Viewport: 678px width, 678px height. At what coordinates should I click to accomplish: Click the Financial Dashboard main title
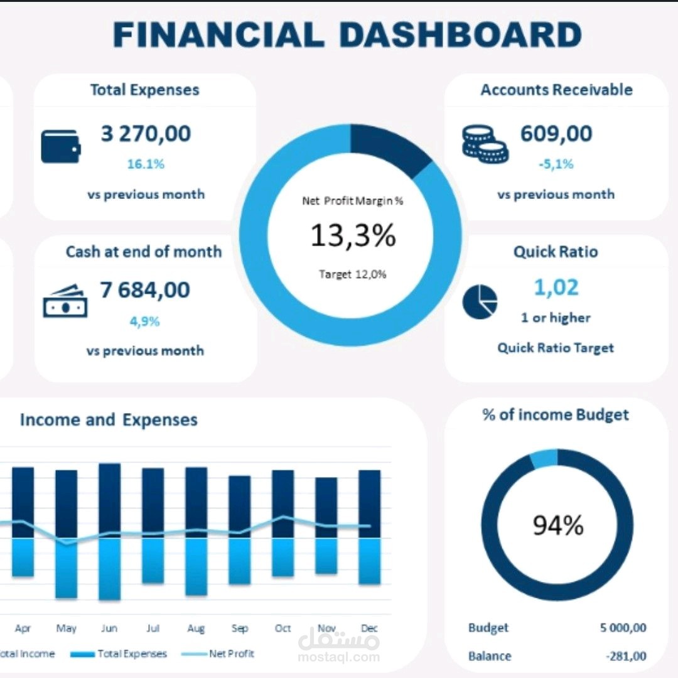click(347, 35)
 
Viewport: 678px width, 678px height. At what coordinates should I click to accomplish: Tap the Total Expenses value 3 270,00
click(146, 134)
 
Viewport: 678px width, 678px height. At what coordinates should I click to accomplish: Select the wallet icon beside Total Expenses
click(60, 146)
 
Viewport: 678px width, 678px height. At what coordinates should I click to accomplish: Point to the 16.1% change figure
click(146, 164)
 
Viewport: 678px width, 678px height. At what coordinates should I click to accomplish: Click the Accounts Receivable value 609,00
click(556, 134)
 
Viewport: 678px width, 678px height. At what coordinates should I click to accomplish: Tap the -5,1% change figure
click(556, 164)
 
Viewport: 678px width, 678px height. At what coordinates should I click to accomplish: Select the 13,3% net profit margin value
click(353, 235)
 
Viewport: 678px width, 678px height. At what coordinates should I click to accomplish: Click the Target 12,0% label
click(352, 274)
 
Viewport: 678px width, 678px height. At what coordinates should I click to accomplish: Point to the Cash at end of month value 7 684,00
click(145, 290)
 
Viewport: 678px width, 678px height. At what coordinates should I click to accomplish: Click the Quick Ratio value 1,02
click(556, 288)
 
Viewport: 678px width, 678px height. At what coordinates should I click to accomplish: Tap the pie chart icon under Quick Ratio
click(480, 302)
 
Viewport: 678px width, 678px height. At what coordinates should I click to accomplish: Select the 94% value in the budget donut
click(557, 525)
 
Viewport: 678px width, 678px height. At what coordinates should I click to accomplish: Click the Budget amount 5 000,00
click(623, 628)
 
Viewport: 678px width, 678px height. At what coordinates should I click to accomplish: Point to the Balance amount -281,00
click(626, 656)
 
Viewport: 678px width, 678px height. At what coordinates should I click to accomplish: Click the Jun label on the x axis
click(109, 628)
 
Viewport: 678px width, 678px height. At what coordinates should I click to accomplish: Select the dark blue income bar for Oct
click(282, 503)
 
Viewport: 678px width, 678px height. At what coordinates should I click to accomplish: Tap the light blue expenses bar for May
click(66, 568)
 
